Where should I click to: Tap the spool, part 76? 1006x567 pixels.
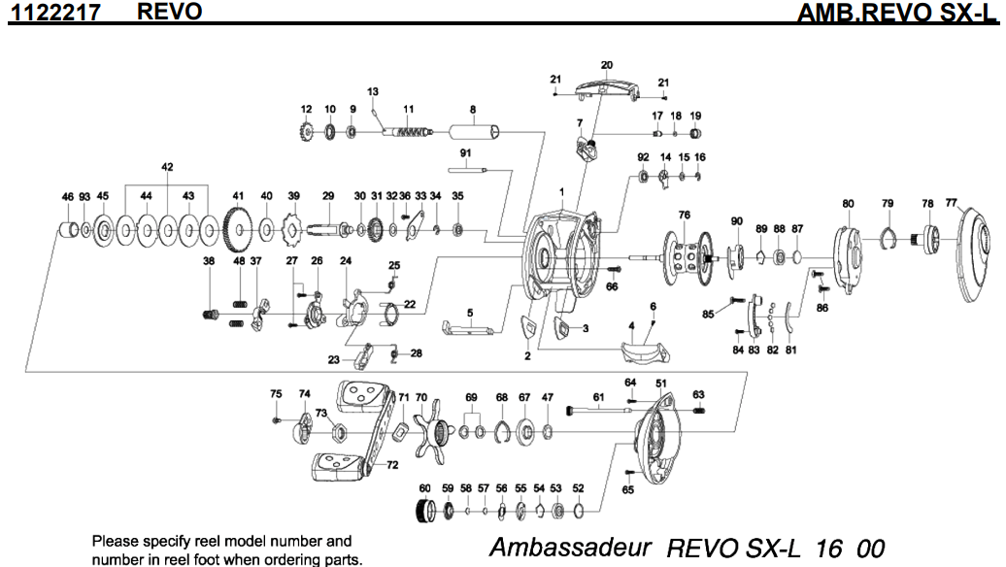tap(684, 255)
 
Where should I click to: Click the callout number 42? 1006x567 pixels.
tap(167, 167)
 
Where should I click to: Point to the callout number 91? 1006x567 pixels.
tap(465, 153)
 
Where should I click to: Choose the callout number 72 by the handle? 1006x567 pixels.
tap(392, 465)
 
